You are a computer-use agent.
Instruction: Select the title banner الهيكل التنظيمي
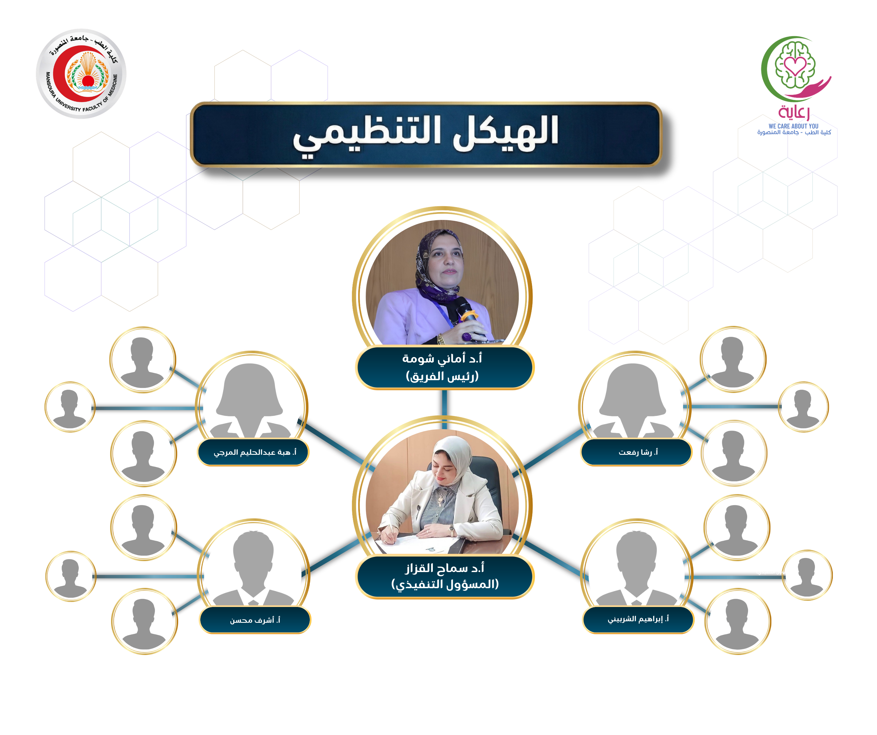pos(426,135)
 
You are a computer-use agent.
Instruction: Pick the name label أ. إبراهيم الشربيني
pos(638,619)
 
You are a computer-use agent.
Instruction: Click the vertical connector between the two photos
pos(444,409)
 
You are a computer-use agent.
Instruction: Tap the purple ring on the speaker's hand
pos(467,336)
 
